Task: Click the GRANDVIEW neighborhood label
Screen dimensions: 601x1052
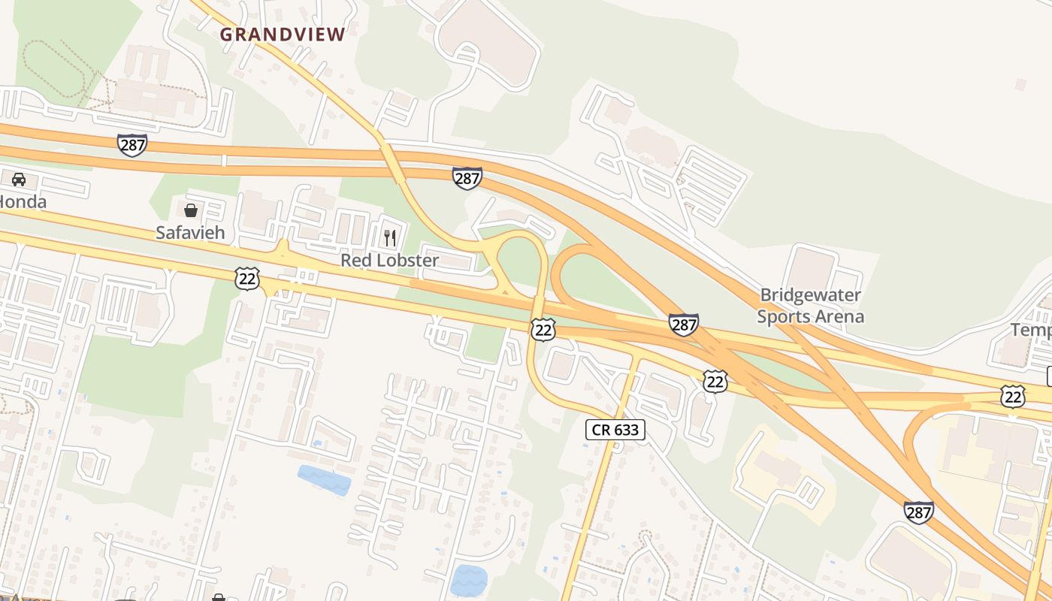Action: click(283, 35)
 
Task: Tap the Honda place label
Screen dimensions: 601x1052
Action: click(23, 201)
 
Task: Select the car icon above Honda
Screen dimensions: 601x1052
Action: click(19, 179)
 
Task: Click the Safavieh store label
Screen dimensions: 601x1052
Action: click(190, 232)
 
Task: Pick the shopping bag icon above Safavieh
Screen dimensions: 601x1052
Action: click(191, 210)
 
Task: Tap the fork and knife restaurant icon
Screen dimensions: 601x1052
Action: click(390, 238)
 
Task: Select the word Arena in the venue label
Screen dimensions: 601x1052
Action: click(838, 316)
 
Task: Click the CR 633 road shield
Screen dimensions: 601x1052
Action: click(615, 430)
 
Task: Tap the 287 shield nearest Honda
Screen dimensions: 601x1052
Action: click(131, 144)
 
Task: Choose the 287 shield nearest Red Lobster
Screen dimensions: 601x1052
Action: click(467, 178)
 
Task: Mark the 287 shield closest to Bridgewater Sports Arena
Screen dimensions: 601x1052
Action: click(683, 325)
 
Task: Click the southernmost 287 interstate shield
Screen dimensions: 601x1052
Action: click(918, 512)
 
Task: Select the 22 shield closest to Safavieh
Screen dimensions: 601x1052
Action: click(246, 279)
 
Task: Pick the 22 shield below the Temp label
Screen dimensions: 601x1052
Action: click(1012, 396)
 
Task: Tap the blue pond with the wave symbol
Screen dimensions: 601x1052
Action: click(469, 580)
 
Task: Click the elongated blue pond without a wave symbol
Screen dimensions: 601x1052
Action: click(324, 479)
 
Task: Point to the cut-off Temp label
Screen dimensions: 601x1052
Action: click(1031, 329)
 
